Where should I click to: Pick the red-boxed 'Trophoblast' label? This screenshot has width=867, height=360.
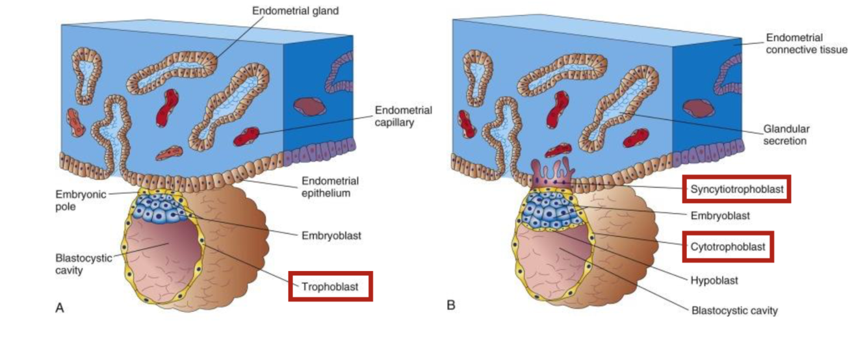point(330,286)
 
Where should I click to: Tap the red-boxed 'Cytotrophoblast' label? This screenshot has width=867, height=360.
point(727,247)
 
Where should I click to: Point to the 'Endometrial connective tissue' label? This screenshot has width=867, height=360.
point(806,44)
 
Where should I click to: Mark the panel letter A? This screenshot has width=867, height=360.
point(59,307)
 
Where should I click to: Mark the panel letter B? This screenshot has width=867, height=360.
point(450,304)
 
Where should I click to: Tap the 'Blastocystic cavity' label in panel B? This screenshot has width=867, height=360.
point(734,311)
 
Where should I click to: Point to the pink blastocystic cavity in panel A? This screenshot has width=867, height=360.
point(159,260)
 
